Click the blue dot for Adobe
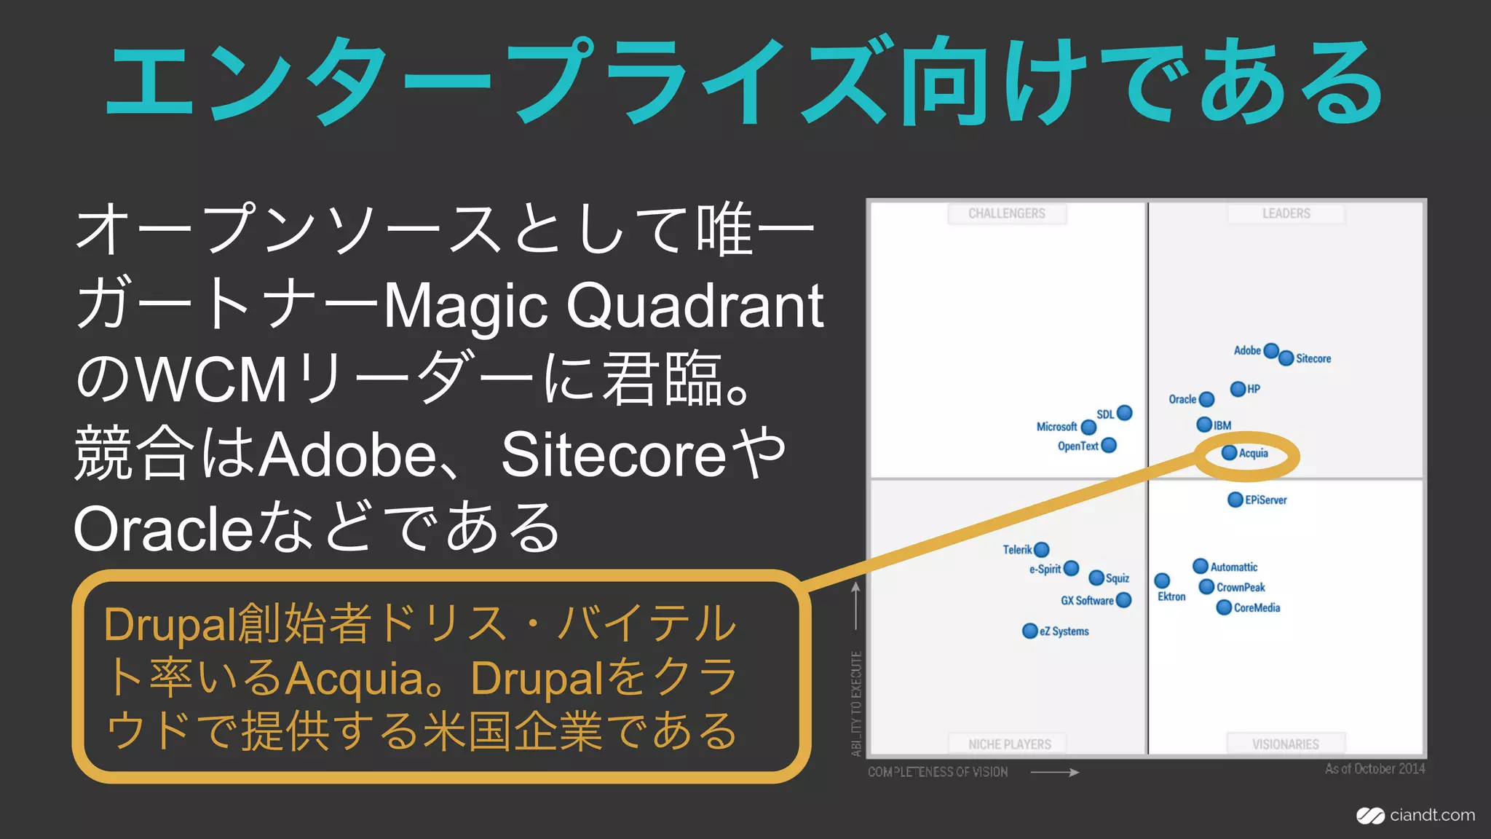coord(1271,351)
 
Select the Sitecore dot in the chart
coord(1286,358)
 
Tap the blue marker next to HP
coord(1238,389)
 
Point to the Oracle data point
coord(1206,399)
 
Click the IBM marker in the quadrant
coord(1204,425)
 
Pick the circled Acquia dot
coord(1230,453)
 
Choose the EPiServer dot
coord(1235,500)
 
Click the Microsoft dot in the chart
coord(1088,427)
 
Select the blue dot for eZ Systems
coord(1029,631)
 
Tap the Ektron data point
coord(1162,580)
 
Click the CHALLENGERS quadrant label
coord(1007,213)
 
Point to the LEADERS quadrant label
coord(1286,213)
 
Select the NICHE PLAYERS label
coord(1009,744)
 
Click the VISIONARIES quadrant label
coord(1285,744)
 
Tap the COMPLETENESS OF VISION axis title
coord(938,772)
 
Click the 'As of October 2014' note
coord(1375,769)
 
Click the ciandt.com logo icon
coord(1370,816)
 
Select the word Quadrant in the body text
coord(695,306)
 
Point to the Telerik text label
coord(1017,550)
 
